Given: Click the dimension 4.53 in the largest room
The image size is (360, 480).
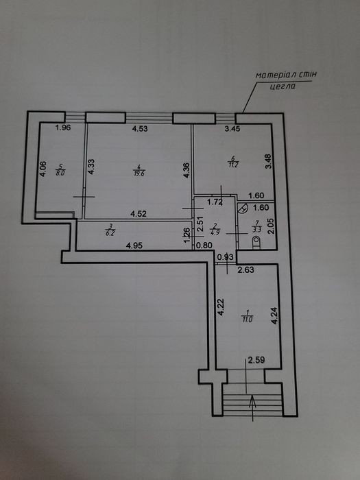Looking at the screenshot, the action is click(140, 129).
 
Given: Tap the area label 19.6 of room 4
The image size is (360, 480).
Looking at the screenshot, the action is click(139, 173).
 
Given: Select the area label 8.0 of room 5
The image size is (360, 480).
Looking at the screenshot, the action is click(60, 173).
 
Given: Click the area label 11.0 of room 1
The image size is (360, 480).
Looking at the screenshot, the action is click(247, 320).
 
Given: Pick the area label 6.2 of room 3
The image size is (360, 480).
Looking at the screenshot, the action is click(108, 233).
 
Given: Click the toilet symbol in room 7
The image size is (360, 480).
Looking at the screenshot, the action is click(256, 243).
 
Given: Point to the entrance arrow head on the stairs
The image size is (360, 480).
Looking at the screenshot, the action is click(252, 400).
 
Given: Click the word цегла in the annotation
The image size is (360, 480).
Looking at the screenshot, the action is click(283, 86).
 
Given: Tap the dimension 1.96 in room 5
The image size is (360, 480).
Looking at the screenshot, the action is click(63, 128).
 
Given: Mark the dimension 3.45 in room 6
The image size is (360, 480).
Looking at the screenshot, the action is click(232, 129).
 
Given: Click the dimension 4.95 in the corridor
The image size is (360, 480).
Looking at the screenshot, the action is click(134, 245).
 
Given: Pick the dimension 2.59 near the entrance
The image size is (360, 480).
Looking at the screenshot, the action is click(256, 360).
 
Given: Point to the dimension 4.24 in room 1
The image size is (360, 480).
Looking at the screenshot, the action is click(274, 315).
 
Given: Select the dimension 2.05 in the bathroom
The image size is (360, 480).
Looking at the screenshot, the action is click(271, 226).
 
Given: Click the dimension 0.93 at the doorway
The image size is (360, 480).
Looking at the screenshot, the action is click(226, 257).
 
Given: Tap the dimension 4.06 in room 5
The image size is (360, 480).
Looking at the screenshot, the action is click(43, 169).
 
